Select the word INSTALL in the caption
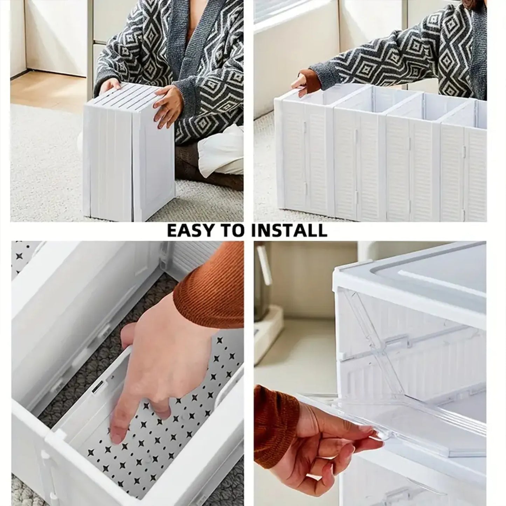coord(292,231)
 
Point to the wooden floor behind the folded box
coord(46,89)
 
